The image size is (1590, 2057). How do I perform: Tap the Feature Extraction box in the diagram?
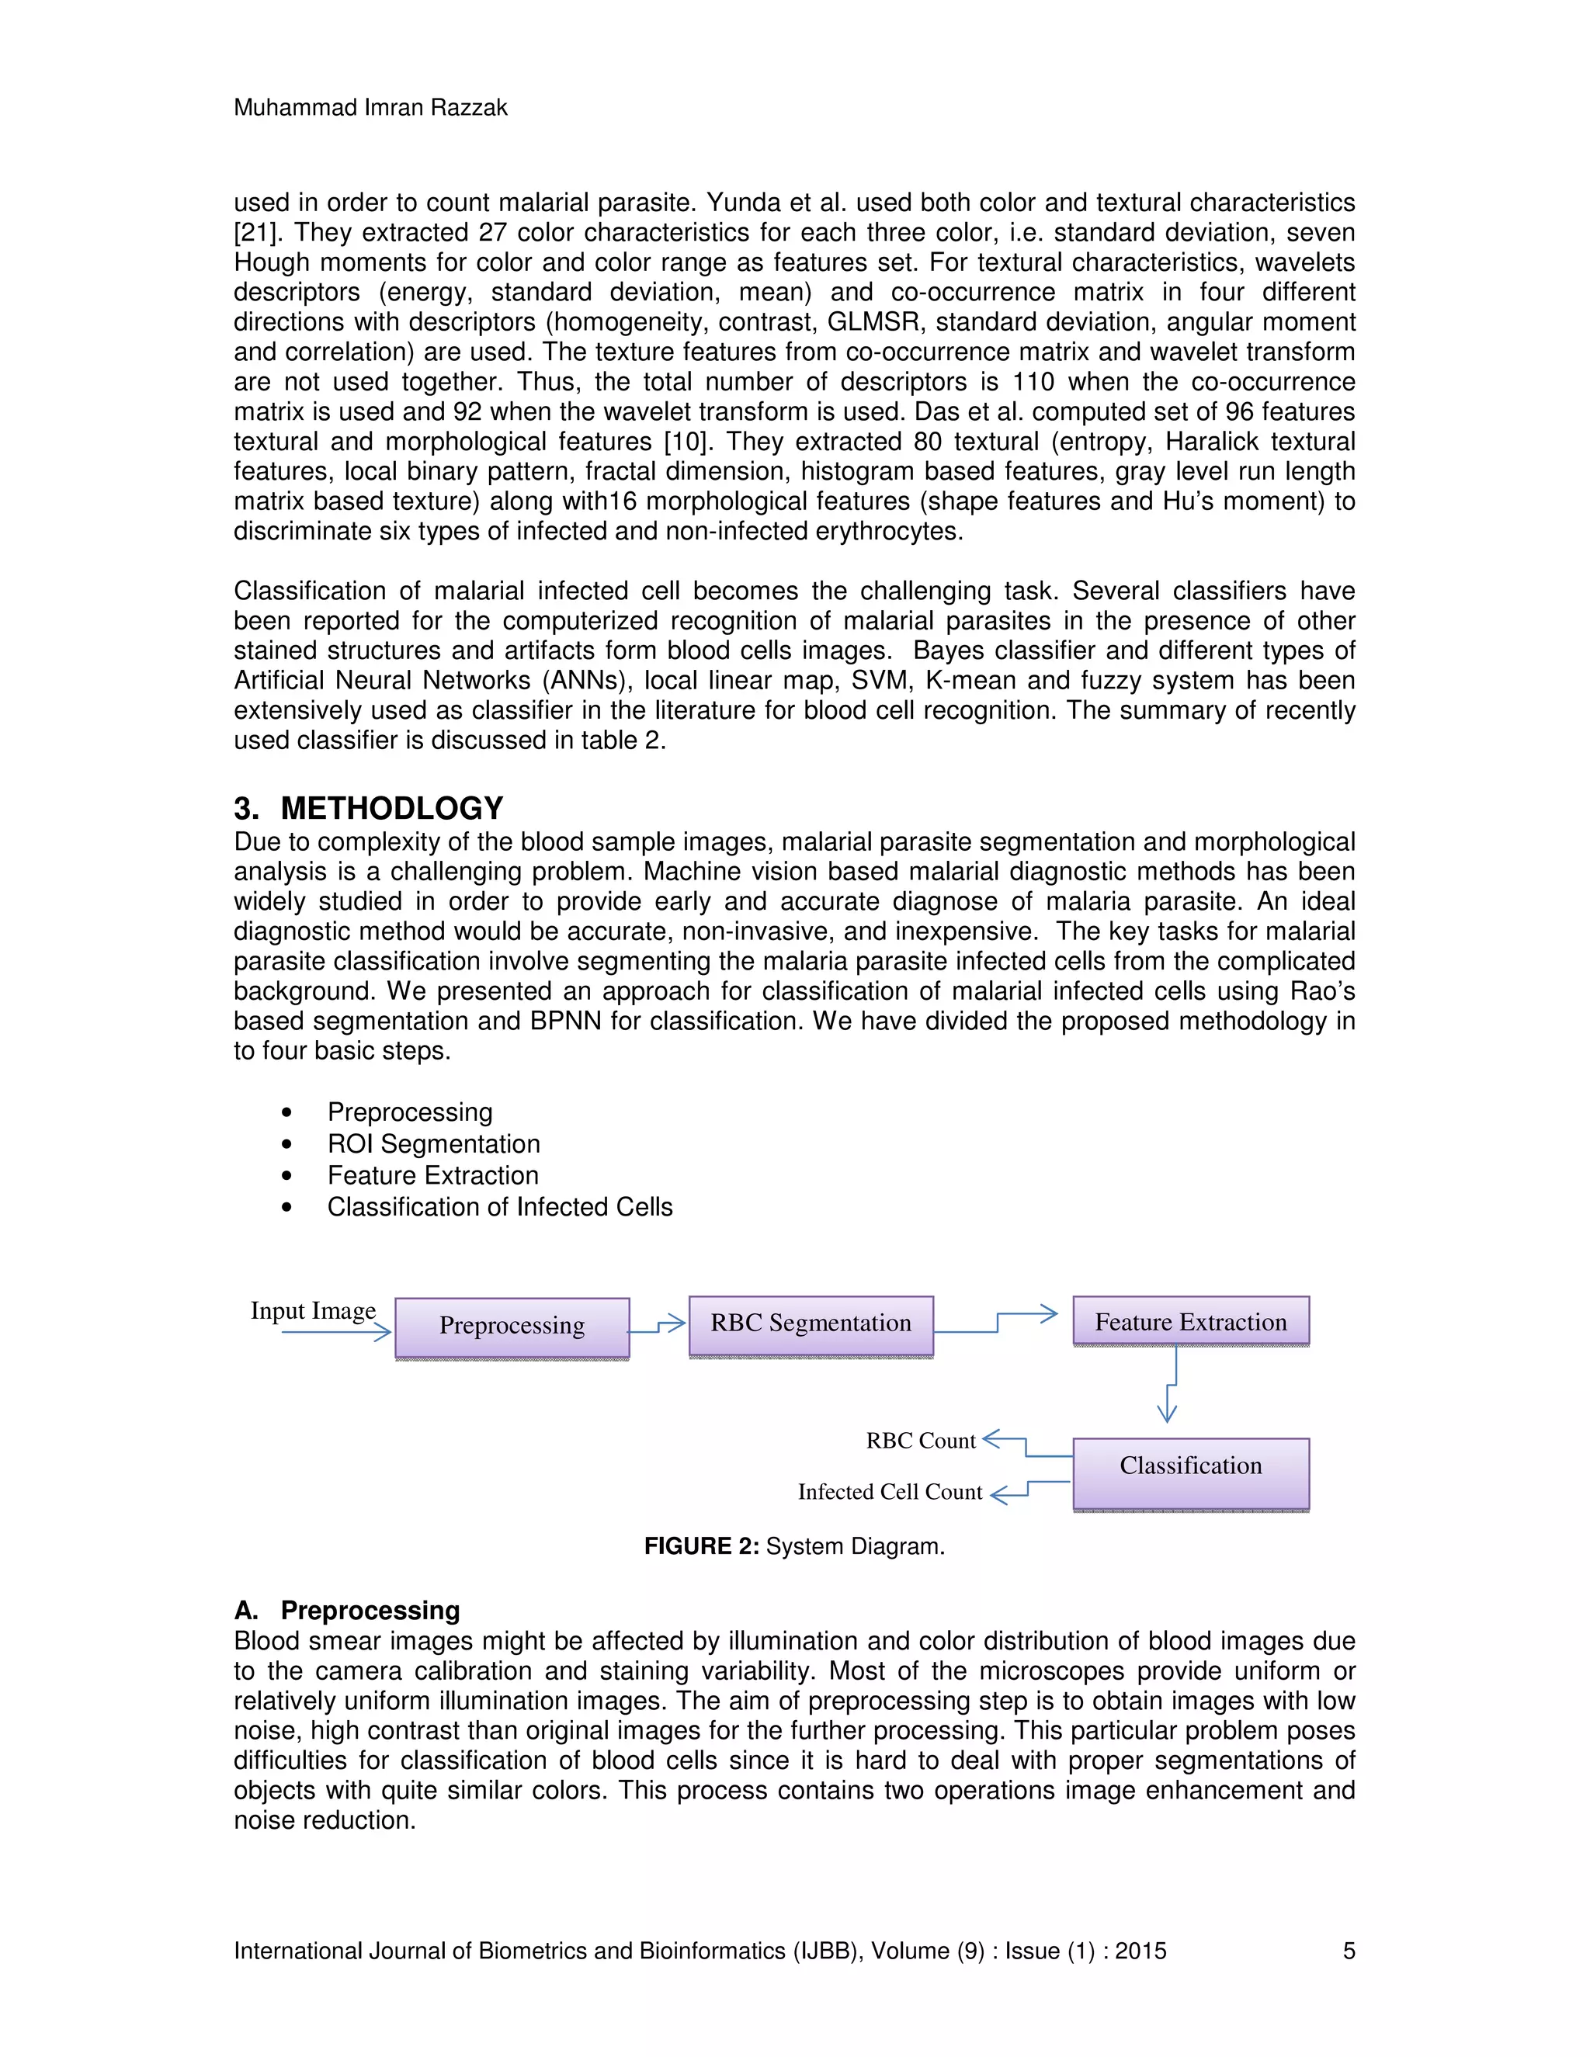(x=1191, y=1321)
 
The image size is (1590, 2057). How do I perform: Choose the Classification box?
(x=1191, y=1466)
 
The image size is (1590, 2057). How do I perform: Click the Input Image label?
(x=313, y=1310)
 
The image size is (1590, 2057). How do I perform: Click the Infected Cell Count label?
(x=889, y=1491)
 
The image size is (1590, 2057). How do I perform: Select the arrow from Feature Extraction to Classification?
(x=1171, y=1385)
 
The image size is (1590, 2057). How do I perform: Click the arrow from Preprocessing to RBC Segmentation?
(x=658, y=1326)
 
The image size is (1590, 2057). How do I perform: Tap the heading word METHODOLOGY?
(x=392, y=808)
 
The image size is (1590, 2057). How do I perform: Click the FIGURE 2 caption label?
(x=701, y=1546)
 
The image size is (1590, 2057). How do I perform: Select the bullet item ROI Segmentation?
(x=433, y=1143)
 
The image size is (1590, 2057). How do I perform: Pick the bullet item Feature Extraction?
(x=432, y=1175)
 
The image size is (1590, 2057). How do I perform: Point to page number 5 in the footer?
(x=1349, y=1951)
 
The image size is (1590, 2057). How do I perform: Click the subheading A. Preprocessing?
(x=346, y=1610)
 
